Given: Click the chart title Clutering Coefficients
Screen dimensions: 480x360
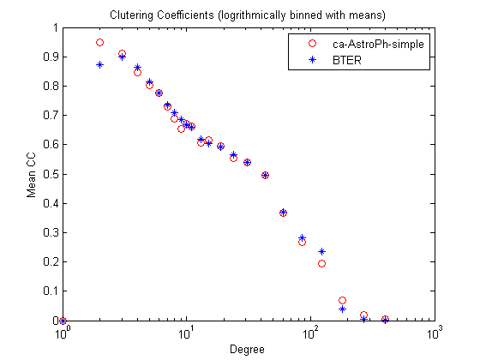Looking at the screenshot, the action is point(162,15).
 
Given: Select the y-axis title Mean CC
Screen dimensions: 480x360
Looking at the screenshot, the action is point(31,175).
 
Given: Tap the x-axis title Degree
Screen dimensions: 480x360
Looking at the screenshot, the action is point(247,350).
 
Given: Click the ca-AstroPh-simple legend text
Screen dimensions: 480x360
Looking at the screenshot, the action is point(378,45).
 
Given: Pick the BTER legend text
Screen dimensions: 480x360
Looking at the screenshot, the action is point(347,60).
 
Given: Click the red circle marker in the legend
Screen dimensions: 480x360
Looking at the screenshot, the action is point(312,44).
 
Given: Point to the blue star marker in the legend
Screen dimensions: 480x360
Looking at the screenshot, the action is point(312,59).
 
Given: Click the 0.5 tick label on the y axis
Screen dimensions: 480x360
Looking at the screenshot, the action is point(51,174).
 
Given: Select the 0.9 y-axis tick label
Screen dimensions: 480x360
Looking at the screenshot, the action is point(51,57).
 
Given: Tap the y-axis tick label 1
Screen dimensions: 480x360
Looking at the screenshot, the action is point(56,27).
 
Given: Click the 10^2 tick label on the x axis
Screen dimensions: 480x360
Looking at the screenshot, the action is point(310,333).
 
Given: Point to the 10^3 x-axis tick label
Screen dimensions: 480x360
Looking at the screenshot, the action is point(435,333).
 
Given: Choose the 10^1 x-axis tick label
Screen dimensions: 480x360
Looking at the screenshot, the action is point(186,333).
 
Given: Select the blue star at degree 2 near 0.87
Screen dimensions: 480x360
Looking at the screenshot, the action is point(99,64).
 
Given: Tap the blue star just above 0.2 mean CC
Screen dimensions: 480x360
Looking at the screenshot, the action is point(321,252).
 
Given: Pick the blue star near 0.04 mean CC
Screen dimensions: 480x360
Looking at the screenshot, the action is point(343,309).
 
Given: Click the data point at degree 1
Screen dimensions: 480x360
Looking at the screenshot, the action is point(63,321).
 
